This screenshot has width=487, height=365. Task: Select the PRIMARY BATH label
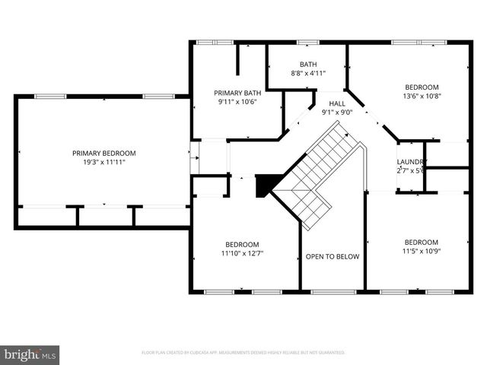click(x=237, y=92)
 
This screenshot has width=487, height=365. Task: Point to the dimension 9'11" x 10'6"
click(x=237, y=101)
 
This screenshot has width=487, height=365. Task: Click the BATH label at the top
click(x=308, y=65)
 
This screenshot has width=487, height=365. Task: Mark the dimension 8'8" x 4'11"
click(x=308, y=74)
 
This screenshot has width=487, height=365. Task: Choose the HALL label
click(x=337, y=103)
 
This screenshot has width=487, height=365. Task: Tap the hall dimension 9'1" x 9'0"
click(x=337, y=113)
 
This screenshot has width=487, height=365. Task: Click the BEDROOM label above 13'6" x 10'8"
click(x=422, y=87)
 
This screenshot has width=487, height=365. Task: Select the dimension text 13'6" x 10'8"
click(x=422, y=96)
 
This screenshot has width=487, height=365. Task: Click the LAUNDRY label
click(x=411, y=162)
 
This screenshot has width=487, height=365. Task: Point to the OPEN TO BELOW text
click(x=333, y=257)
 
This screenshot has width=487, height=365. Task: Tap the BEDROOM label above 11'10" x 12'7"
click(x=241, y=244)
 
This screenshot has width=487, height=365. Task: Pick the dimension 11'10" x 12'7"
click(x=241, y=253)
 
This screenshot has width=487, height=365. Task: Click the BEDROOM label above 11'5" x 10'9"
click(x=421, y=242)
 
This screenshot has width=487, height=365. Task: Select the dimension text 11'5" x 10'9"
click(x=421, y=251)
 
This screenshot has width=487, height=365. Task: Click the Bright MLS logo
click(x=30, y=354)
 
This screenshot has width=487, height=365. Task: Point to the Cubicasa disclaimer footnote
click(x=243, y=353)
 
